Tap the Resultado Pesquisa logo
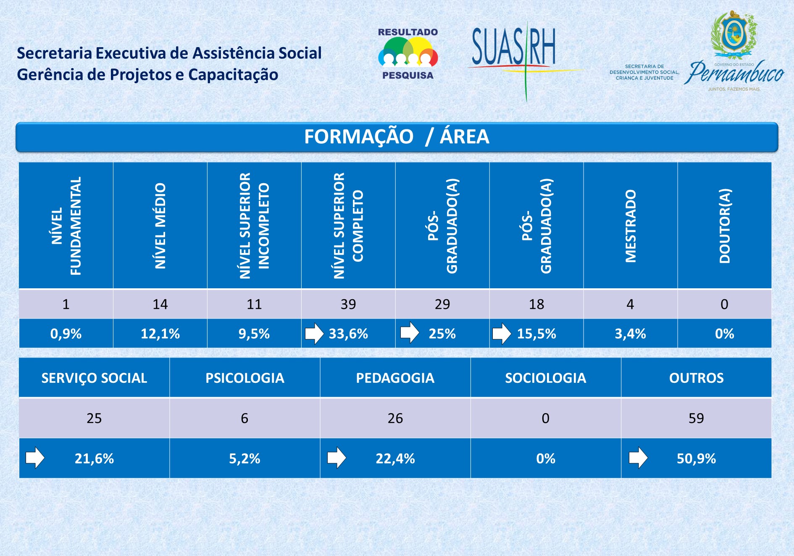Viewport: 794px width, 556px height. (408, 54)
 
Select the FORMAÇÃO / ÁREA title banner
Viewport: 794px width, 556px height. (397, 137)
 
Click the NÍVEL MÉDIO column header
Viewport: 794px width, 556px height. (160, 226)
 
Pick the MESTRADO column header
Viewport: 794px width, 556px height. (630, 226)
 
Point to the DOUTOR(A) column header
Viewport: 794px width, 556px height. (724, 226)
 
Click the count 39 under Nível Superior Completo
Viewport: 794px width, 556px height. (348, 304)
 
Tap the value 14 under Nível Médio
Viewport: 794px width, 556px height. (160, 304)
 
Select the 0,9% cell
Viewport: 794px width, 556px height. (66, 334)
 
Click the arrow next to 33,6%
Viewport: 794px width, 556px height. (314, 334)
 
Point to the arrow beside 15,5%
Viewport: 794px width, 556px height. (502, 334)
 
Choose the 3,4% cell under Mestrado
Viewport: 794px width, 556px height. (630, 334)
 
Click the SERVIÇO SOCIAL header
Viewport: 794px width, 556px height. (94, 378)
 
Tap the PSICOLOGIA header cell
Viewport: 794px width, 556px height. (245, 378)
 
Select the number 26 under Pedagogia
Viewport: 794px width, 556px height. (395, 418)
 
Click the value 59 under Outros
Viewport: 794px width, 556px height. (696, 418)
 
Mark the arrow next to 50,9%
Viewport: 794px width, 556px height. (638, 458)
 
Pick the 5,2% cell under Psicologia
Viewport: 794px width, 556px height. (245, 459)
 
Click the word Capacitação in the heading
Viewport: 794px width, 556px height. (233, 75)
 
